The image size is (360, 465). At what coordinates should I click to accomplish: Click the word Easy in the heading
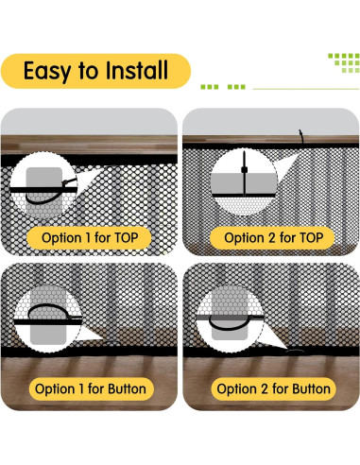coord(47,71)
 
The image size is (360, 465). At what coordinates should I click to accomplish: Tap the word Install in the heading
coord(137,70)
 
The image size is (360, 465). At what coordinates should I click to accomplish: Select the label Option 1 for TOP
coord(90,238)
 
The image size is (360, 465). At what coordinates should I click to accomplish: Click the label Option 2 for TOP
coord(273,238)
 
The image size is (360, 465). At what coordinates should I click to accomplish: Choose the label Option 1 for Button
coord(91,388)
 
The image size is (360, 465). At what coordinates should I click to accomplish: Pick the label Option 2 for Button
coord(273,388)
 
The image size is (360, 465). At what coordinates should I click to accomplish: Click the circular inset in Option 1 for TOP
coord(43,185)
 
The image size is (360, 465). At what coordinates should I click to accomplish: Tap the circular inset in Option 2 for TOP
coord(244,181)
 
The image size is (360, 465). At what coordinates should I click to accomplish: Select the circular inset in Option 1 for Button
coord(48,319)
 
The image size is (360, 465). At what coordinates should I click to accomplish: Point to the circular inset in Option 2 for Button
coord(231,319)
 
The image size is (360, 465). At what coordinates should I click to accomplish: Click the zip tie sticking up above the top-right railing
coord(301,137)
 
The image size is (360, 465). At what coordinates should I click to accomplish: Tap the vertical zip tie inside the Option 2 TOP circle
coord(244,174)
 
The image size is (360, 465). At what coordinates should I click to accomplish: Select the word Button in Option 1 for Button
coord(127,388)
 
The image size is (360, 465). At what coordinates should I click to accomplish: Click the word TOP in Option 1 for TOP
coord(127,238)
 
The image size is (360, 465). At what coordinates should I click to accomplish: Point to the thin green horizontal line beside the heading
coord(306,89)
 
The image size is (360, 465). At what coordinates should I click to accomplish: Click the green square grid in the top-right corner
coord(344,62)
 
